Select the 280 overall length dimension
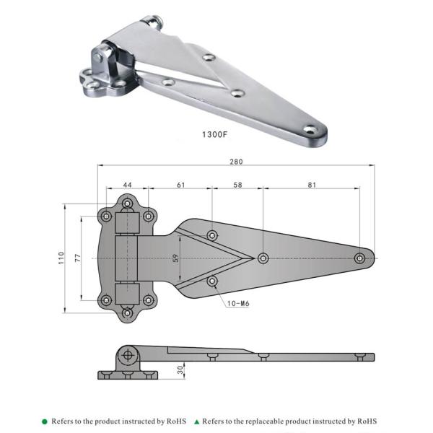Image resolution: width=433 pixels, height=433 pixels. (235, 162)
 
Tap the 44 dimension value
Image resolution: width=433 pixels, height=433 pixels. (127, 185)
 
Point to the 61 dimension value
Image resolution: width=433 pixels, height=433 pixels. (180, 185)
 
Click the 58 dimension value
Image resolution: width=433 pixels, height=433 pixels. (238, 185)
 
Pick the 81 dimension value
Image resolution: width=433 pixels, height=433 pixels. (311, 185)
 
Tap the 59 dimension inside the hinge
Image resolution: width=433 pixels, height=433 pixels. (176, 258)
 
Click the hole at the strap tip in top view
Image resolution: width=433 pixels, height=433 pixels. (359, 258)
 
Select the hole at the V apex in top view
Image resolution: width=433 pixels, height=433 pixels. (263, 258)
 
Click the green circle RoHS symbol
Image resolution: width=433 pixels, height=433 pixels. (45, 421)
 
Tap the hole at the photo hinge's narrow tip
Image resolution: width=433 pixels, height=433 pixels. (310, 130)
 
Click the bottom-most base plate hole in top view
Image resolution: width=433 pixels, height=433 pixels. (127, 312)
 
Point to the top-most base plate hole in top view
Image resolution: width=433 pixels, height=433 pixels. (127, 205)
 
